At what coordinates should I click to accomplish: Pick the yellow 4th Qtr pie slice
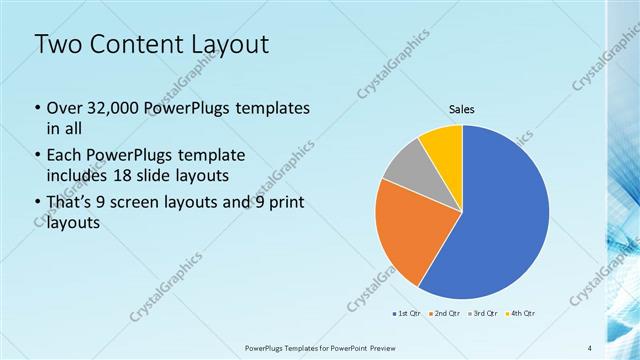443,143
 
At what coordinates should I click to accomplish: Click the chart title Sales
461,109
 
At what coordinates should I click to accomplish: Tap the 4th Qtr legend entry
521,314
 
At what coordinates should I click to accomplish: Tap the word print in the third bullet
285,203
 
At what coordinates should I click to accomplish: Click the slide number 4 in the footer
589,348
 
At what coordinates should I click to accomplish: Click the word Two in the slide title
55,44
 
